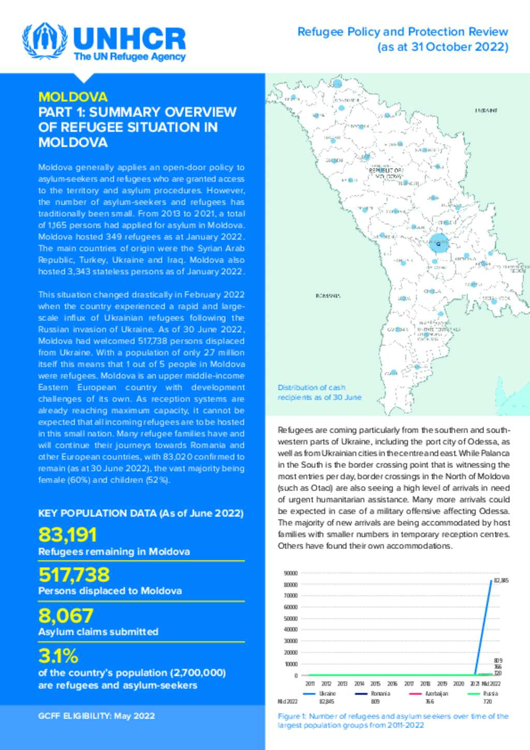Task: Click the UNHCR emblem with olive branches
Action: pyautogui.click(x=44, y=41)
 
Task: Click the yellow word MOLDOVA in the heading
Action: pyautogui.click(x=72, y=97)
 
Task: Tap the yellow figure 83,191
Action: pyautogui.click(x=67, y=535)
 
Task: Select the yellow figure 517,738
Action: pyautogui.click(x=74, y=575)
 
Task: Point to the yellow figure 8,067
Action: pyautogui.click(x=66, y=615)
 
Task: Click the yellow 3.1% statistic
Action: pyautogui.click(x=58, y=656)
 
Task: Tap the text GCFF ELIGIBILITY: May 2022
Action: pyautogui.click(x=96, y=716)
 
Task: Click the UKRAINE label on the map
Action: pyautogui.click(x=486, y=110)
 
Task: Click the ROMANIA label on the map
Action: pyautogui.click(x=328, y=296)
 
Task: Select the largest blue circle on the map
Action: pyautogui.click(x=438, y=243)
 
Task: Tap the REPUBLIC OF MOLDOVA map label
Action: pyautogui.click(x=386, y=172)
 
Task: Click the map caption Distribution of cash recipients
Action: pyautogui.click(x=319, y=392)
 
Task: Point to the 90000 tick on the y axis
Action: pyautogui.click(x=291, y=573)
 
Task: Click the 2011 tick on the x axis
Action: pyautogui.click(x=310, y=684)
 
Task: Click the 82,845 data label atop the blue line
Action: pyautogui.click(x=501, y=580)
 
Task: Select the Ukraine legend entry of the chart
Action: pyautogui.click(x=321, y=694)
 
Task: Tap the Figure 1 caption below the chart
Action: pyautogui.click(x=392, y=720)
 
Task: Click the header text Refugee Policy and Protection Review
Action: pyautogui.click(x=403, y=32)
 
